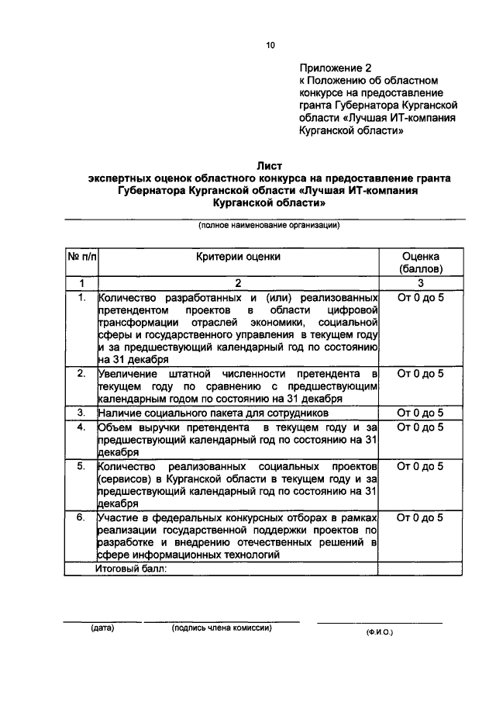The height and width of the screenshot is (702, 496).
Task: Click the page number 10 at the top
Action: tap(270, 46)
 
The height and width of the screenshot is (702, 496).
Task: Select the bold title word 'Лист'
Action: tap(267, 164)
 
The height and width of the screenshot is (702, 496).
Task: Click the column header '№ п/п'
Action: tap(81, 256)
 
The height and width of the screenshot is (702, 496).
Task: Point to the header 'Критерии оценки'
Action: tap(238, 256)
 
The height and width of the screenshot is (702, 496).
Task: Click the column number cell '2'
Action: tap(238, 283)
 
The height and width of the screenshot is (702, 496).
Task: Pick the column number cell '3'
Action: tap(420, 283)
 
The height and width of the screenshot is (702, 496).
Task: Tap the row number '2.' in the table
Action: tap(81, 374)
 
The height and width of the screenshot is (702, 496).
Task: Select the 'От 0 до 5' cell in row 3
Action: tap(420, 413)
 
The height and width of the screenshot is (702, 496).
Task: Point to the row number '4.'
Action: tap(81, 427)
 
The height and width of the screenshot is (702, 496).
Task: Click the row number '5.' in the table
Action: tap(81, 466)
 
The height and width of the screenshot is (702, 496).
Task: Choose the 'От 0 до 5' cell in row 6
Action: tap(420, 517)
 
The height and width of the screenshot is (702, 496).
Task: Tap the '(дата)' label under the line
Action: tap(102, 628)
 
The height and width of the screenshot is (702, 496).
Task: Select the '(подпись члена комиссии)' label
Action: tap(222, 628)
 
